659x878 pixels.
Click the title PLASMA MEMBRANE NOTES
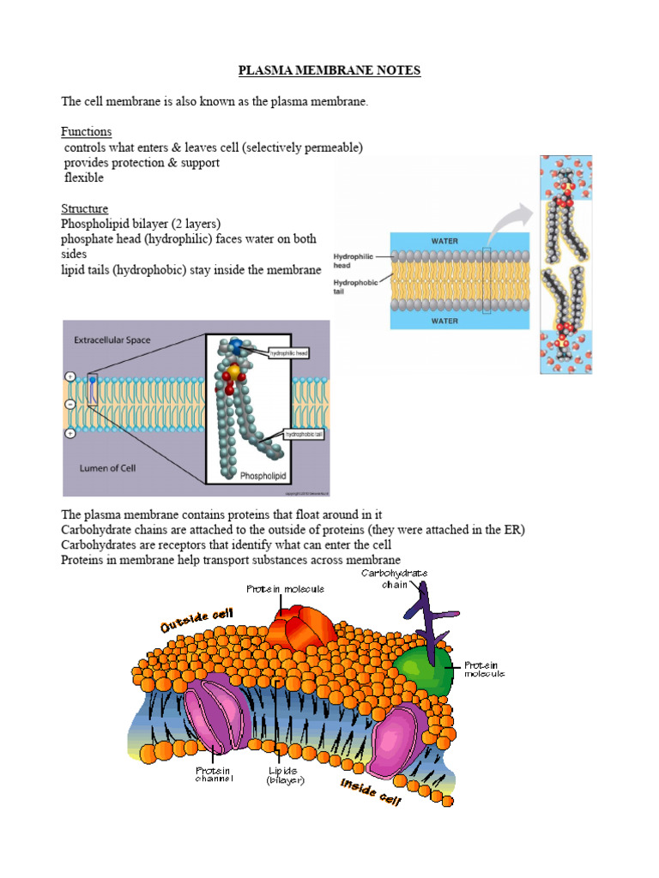(329, 70)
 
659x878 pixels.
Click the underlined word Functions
(86, 132)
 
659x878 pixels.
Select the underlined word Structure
(84, 208)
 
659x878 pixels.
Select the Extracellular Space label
(112, 340)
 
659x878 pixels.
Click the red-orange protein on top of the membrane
(296, 629)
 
